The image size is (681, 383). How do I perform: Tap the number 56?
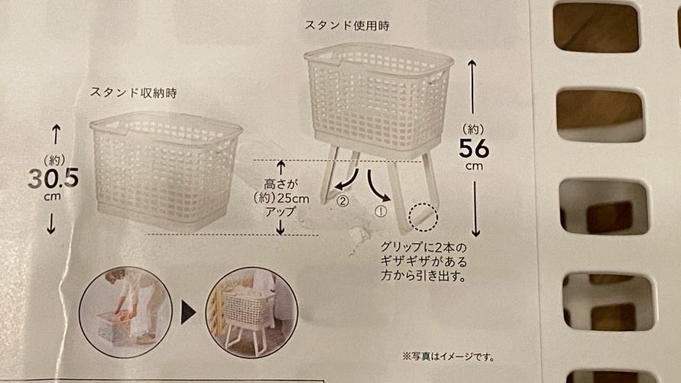coord(474,147)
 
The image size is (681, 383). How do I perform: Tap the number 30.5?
coord(54,178)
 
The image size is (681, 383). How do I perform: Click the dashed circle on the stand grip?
coord(422,217)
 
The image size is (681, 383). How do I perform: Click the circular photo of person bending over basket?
coord(125,311)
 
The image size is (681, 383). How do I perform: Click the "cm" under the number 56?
coord(474,166)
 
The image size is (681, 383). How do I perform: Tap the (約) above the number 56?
coord(474,128)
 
